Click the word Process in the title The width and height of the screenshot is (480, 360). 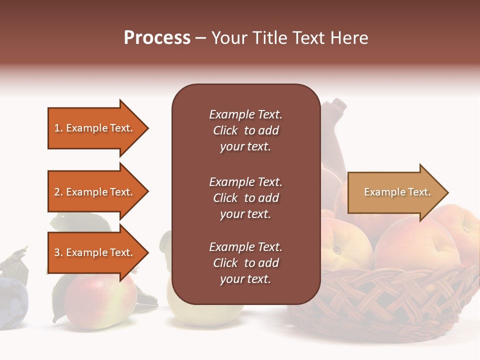coord(157,38)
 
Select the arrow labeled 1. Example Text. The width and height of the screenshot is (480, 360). coord(94,128)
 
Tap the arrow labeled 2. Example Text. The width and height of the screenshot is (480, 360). coord(94,192)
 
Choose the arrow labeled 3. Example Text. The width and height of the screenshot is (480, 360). coord(94,252)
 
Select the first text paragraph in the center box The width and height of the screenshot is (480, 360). coord(245,130)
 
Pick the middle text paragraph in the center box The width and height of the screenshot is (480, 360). coord(245,198)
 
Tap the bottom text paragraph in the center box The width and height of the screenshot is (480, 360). coord(245,263)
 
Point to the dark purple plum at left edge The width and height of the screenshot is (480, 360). coord(12,303)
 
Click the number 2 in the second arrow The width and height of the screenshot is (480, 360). coord(57,192)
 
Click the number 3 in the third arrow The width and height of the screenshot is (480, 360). coord(57,252)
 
